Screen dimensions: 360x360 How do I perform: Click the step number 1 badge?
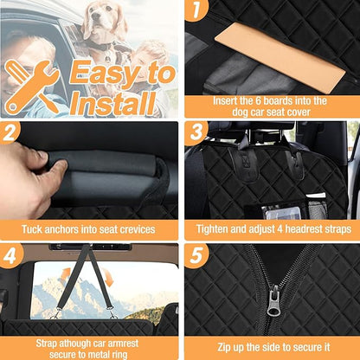[x=198, y=10]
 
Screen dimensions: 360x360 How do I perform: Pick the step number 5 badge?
[x=198, y=256]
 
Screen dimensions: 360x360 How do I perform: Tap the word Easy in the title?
[x=112, y=71]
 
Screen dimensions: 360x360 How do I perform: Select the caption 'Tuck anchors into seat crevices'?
[x=90, y=229]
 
